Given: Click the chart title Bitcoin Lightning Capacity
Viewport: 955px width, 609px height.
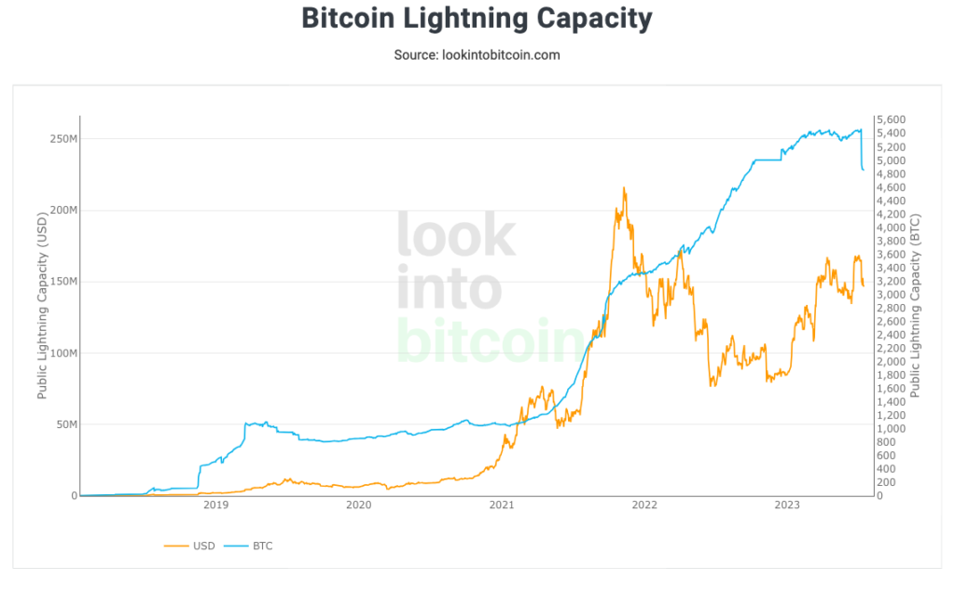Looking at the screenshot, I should [477, 19].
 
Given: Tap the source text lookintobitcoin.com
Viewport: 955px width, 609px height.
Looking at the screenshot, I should [477, 55].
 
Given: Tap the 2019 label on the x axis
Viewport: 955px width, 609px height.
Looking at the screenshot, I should [215, 505].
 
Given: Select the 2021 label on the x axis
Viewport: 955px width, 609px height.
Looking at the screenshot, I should [502, 505].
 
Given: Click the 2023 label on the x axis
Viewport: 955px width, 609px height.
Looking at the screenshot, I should [788, 505].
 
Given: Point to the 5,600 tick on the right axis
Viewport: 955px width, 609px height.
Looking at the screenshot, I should [893, 120].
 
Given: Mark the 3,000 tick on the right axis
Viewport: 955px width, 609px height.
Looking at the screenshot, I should [893, 295].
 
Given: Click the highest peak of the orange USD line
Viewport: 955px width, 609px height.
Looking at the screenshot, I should [624, 188].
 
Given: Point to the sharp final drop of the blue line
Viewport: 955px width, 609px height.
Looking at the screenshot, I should [861, 154].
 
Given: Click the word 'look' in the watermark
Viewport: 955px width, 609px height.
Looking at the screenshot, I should [456, 235].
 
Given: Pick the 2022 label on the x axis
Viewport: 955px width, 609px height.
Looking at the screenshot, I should [644, 505].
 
